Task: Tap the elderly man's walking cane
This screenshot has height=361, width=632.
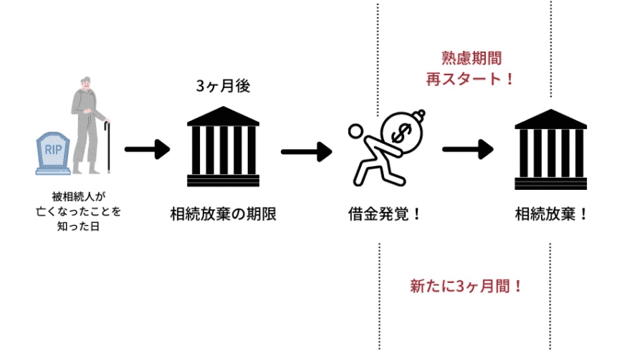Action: (108, 146)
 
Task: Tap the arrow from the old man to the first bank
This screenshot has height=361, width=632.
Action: (147, 150)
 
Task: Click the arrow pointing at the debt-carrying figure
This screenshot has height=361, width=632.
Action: (306, 151)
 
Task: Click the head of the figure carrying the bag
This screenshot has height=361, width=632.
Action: (356, 131)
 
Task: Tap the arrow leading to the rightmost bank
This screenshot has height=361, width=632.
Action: (467, 150)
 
